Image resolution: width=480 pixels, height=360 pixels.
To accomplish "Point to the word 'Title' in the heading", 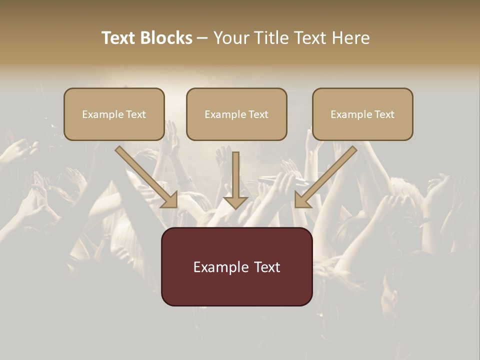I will [x=273, y=38].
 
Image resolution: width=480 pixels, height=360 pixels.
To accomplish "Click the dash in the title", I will [x=202, y=38].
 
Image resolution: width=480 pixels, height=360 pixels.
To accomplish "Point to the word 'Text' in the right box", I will [x=384, y=114].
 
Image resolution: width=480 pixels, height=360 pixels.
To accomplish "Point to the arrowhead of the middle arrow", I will [x=235, y=202].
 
